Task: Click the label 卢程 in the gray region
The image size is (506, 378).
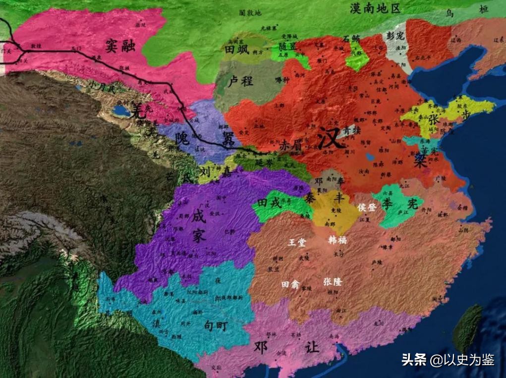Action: pos(241,81)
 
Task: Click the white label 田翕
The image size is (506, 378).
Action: pos(290,284)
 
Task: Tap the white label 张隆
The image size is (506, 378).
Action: pos(333,281)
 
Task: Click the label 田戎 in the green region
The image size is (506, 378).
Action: pos(269,203)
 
